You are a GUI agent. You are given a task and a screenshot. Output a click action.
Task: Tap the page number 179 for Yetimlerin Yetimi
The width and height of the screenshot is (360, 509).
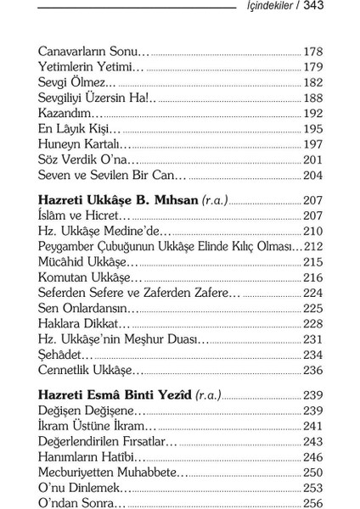[312, 67]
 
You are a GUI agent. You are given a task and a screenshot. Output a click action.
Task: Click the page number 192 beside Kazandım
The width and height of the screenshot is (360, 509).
[312, 113]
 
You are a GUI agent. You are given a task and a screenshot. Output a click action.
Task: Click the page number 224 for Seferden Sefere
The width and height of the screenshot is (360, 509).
[312, 292]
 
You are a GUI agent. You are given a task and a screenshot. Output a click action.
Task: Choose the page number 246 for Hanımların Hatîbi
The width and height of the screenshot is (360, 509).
[312, 456]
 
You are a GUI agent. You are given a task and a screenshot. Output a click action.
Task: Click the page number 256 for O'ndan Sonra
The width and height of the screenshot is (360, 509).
[312, 502]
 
